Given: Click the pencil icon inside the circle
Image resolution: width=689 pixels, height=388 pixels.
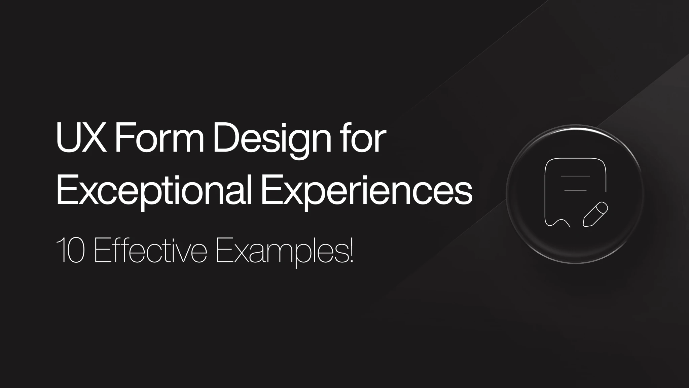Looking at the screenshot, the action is tap(595, 214).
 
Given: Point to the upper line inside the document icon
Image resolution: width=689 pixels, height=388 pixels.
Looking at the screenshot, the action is tap(575, 176).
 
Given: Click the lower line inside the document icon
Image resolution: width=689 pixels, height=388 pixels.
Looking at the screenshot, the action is tap(575, 191).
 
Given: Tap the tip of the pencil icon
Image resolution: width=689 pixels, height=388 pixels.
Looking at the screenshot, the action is tap(584, 225).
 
